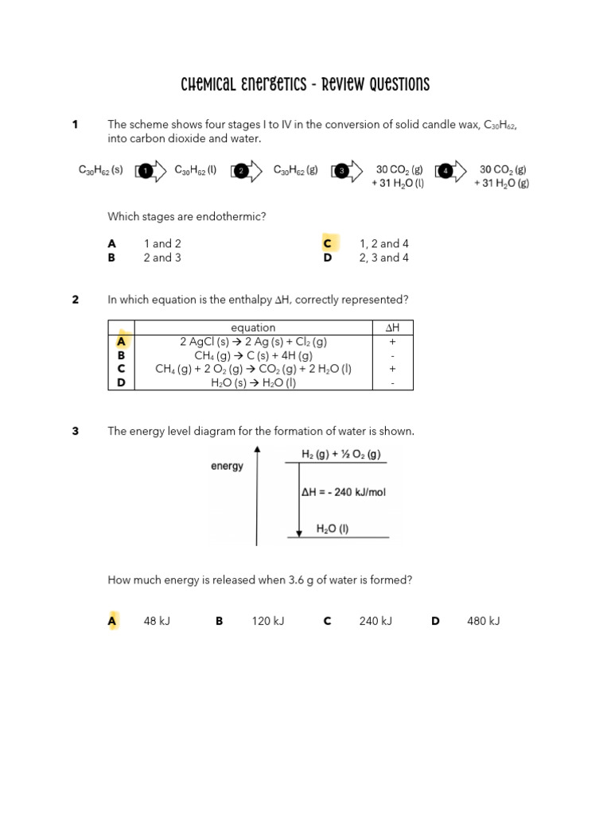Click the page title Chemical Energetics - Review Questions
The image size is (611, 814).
[305, 85]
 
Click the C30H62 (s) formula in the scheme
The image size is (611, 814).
[100, 170]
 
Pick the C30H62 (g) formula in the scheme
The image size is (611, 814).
[295, 170]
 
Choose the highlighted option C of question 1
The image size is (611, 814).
[327, 243]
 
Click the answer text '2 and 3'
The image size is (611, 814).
[162, 258]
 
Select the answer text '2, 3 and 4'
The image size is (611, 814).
[384, 258]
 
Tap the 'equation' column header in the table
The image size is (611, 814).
[253, 328]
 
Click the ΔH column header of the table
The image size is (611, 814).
[392, 328]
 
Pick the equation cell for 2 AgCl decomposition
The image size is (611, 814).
[253, 342]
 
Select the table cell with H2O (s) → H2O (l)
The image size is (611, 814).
[253, 383]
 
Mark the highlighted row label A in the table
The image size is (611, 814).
[121, 342]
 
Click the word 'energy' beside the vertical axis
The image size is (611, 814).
[227, 467]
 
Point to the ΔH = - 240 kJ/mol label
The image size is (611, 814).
[344, 493]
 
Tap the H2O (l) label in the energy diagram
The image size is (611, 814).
[333, 529]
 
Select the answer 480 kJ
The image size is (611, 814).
[483, 621]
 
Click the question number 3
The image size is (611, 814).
[76, 431]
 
